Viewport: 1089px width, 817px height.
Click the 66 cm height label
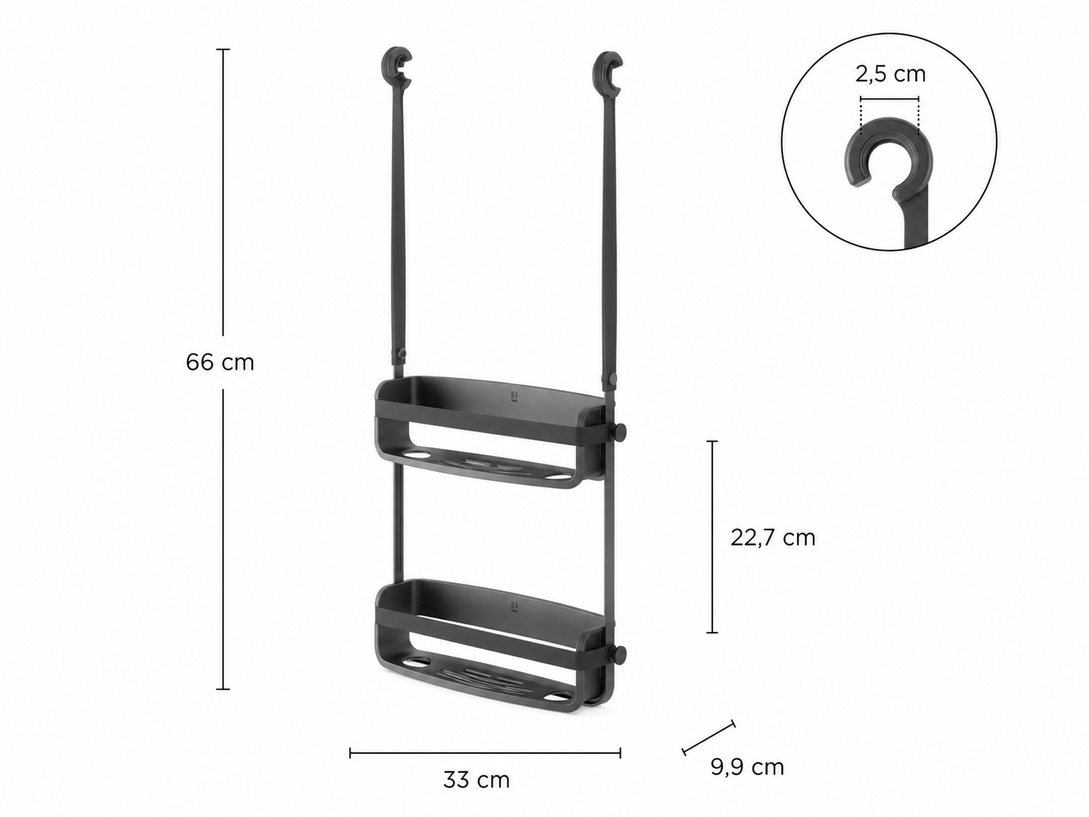click(220, 363)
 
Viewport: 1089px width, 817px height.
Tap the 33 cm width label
click(476, 780)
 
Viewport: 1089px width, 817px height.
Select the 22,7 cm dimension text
click(773, 538)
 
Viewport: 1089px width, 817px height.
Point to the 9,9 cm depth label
click(748, 767)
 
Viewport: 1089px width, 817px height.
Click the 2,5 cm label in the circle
click(890, 74)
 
